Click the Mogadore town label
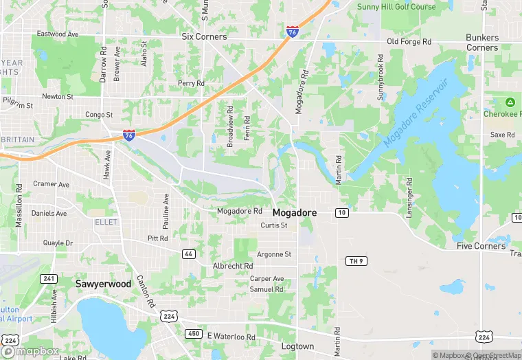(295, 213)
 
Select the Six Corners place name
(204, 36)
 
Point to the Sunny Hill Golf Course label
(396, 7)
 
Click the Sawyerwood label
(103, 283)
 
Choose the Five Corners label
(481, 246)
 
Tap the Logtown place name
(297, 346)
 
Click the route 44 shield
(188, 254)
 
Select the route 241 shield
(49, 278)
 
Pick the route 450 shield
(193, 333)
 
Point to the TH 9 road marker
(354, 261)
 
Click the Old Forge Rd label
(409, 42)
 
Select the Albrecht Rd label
(233, 266)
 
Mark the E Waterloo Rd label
(231, 337)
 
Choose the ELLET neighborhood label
(106, 222)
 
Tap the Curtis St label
(273, 225)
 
